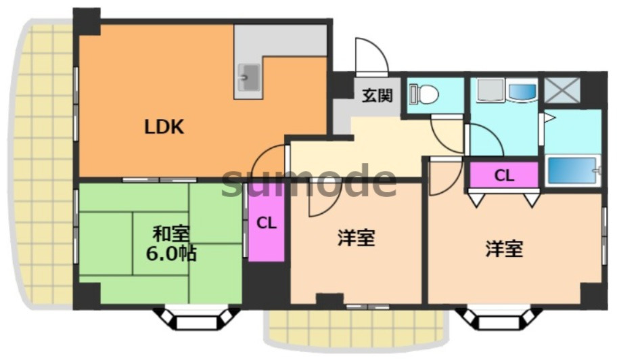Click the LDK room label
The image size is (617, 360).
pyautogui.click(x=164, y=127)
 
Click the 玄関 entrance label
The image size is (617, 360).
pyautogui.click(x=376, y=95)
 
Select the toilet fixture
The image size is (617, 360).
pyautogui.click(x=425, y=94)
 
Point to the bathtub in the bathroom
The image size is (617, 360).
pyautogui.click(x=572, y=170)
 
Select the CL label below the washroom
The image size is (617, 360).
pyautogui.click(x=504, y=176)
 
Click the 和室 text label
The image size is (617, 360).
pyautogui.click(x=170, y=234)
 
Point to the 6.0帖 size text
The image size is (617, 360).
pyautogui.click(x=172, y=254)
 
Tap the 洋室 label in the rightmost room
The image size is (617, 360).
pyautogui.click(x=503, y=249)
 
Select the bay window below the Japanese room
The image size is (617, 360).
pyautogui.click(x=197, y=319)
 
